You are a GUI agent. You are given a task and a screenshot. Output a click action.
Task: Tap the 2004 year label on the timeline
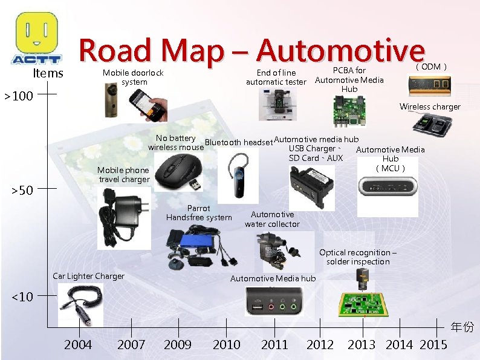[78, 345]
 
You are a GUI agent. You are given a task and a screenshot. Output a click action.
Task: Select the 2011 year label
[274, 345]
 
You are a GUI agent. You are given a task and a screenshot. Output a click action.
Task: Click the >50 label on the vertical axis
[22, 191]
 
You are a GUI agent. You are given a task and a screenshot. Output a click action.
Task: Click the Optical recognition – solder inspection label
[358, 257]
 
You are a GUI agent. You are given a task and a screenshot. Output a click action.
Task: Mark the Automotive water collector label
[272, 219]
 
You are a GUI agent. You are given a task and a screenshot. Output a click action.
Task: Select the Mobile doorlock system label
[133, 77]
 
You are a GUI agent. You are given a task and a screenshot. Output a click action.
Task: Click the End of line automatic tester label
[276, 77]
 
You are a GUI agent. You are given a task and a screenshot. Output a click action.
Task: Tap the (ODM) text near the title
[431, 67]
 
